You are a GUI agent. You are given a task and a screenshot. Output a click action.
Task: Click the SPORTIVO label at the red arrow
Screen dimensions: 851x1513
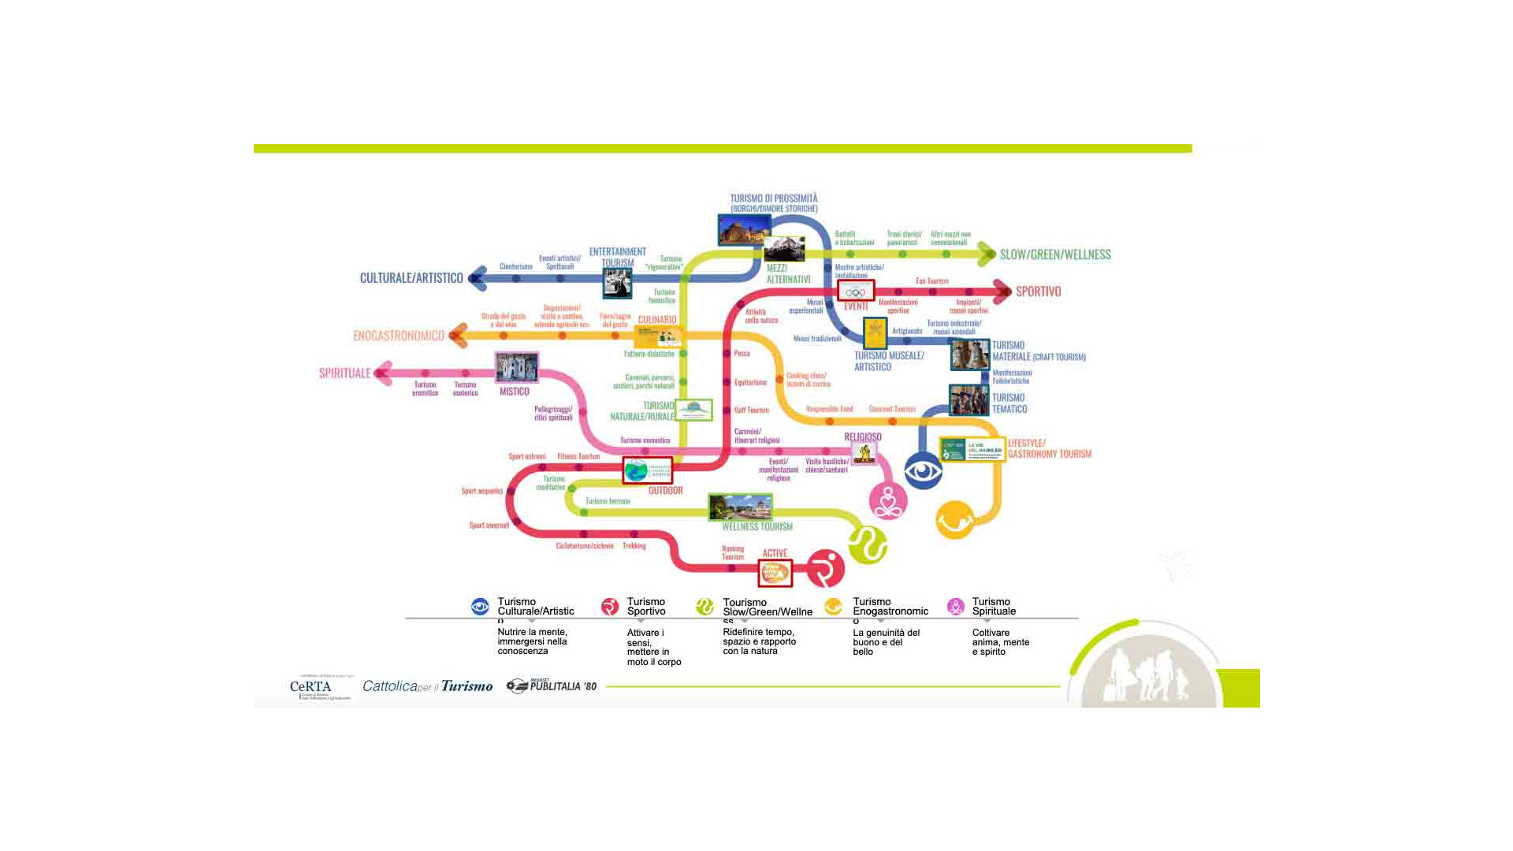pos(1038,292)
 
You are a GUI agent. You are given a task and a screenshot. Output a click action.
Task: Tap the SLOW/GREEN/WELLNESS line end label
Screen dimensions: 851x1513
pos(1055,255)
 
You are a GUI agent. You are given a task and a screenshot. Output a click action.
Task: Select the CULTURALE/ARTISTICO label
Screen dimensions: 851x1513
pos(411,278)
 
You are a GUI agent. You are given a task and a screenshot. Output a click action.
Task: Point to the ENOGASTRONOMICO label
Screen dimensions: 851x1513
pos(398,336)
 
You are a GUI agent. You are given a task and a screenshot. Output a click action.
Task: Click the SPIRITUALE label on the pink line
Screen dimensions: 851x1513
pos(344,373)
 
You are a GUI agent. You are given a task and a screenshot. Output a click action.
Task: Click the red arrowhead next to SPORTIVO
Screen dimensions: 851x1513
pos(1003,292)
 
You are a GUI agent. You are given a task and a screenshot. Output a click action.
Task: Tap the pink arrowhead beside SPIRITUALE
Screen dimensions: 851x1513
pos(383,373)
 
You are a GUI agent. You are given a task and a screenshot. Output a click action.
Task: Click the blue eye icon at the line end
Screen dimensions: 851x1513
pos(923,471)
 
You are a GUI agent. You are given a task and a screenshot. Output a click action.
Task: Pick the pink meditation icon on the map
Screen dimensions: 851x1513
pos(888,501)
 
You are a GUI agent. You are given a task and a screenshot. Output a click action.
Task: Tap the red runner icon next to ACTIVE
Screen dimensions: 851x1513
pos(825,569)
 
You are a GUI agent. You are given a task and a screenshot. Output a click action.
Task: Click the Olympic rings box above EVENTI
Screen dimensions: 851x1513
pos(856,292)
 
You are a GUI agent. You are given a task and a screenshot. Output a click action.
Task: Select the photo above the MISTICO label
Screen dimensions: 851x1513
pos(516,367)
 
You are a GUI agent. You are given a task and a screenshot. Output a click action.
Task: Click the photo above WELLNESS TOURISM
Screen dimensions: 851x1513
pos(740,507)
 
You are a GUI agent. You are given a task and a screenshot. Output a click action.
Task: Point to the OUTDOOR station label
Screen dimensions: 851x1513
pos(665,490)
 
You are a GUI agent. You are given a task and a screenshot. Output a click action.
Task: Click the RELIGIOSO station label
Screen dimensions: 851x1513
pos(863,437)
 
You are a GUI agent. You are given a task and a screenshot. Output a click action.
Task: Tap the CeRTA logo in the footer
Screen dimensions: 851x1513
pos(312,687)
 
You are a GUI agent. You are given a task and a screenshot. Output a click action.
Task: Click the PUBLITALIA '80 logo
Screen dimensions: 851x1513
pos(552,686)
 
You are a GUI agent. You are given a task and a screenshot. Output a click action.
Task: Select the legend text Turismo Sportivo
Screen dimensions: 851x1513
pos(646,607)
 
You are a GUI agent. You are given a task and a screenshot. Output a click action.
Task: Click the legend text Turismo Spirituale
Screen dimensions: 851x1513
pos(994,607)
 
